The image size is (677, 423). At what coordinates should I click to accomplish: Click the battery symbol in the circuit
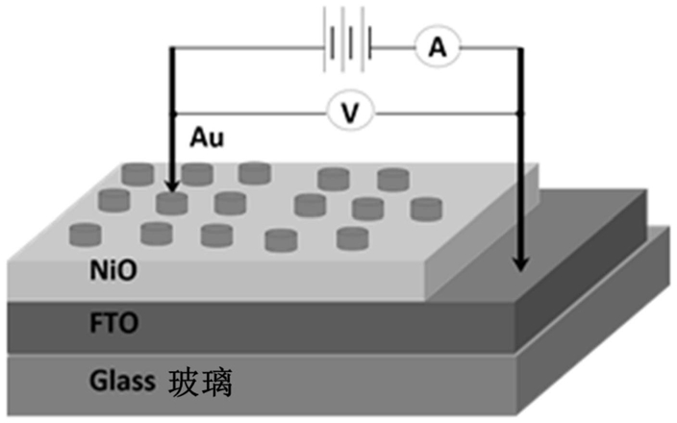click(x=347, y=45)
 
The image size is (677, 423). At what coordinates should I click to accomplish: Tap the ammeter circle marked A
click(x=433, y=45)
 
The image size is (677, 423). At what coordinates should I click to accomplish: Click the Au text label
click(x=205, y=138)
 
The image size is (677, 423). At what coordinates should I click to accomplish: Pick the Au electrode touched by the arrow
click(x=171, y=203)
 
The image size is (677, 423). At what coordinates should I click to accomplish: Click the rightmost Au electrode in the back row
click(x=394, y=178)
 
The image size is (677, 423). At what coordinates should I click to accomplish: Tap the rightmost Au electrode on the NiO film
click(x=424, y=208)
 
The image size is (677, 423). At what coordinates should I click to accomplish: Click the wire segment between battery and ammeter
click(x=393, y=45)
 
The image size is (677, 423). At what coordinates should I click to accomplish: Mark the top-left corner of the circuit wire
click(x=171, y=46)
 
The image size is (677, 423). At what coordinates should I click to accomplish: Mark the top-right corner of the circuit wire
click(x=520, y=46)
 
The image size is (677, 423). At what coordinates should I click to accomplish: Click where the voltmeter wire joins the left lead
click(x=171, y=113)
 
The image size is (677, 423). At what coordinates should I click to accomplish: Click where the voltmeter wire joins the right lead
click(x=520, y=113)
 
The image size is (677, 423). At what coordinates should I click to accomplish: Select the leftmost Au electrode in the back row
click(x=137, y=174)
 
